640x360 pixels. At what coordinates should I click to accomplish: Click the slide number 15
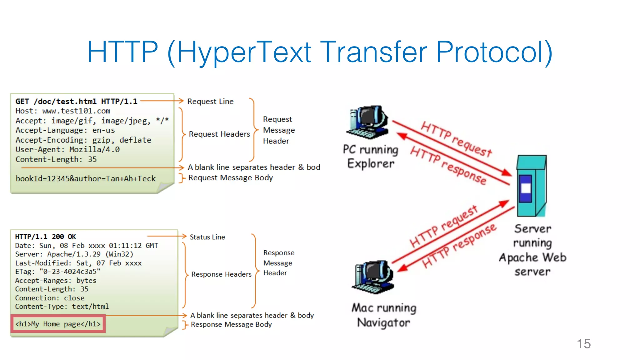(583, 344)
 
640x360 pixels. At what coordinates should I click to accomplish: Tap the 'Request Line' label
(210, 102)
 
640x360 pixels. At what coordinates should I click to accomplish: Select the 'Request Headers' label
(219, 134)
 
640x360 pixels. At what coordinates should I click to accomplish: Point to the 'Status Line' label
(207, 237)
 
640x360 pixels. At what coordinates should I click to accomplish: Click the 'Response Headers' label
(221, 274)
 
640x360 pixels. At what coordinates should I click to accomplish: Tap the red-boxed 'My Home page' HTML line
(58, 324)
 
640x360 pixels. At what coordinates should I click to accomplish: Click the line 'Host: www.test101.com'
(63, 111)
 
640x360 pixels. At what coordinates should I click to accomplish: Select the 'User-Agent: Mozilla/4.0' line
(67, 150)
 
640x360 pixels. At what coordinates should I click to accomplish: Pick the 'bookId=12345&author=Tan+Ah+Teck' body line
(86, 179)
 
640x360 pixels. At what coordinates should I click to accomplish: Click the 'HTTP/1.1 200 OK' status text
(46, 237)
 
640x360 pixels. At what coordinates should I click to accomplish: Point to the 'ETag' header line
(57, 272)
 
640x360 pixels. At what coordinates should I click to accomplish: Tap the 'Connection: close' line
(50, 298)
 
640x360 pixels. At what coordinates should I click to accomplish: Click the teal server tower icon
(531, 186)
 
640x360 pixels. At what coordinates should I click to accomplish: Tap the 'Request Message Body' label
(230, 178)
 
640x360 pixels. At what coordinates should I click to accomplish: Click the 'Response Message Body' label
(231, 325)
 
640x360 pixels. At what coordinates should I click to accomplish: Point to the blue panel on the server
(526, 188)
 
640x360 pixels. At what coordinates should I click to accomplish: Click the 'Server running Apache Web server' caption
(532, 250)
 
